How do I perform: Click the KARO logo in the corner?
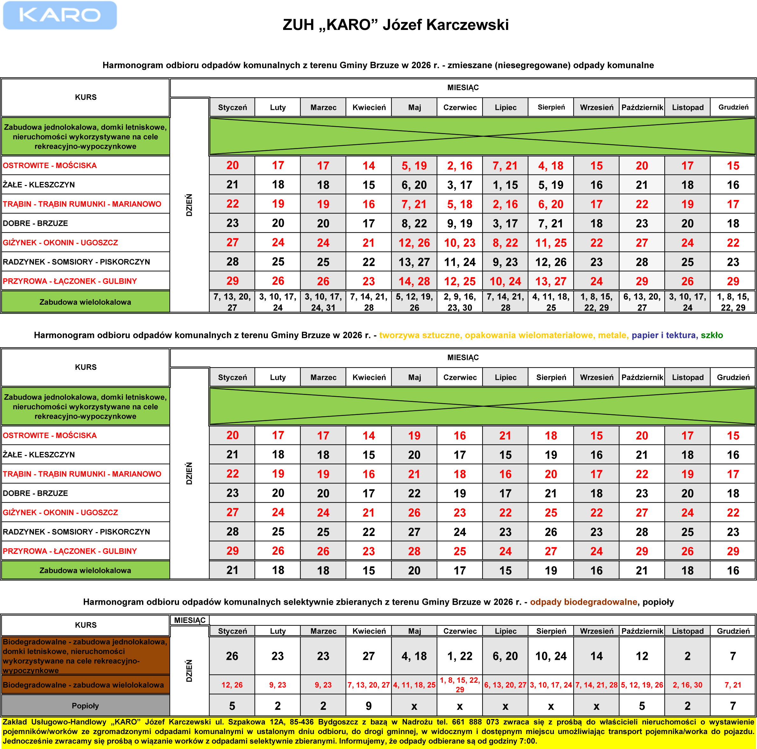pyautogui.click(x=60, y=15)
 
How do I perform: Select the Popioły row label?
pyautogui.click(x=85, y=705)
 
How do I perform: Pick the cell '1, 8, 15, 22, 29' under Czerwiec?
pyautogui.click(x=460, y=684)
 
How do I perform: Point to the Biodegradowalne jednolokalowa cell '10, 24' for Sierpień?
pyautogui.click(x=551, y=656)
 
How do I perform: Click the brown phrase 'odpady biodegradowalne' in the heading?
pyautogui.click(x=583, y=602)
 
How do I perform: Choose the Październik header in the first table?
pyautogui.click(x=642, y=107)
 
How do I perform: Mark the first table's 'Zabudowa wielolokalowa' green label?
pyautogui.click(x=85, y=302)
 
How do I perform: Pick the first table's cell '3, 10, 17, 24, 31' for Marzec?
pyautogui.click(x=323, y=302)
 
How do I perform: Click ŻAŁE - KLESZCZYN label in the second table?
pyautogui.click(x=39, y=454)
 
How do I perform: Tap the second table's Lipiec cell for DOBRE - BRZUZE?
pyautogui.click(x=505, y=493)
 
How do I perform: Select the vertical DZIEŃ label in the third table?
pyautogui.click(x=189, y=671)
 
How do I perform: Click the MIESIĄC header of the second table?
pyautogui.click(x=463, y=357)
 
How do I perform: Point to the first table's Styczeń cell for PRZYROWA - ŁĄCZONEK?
pyautogui.click(x=232, y=281)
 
